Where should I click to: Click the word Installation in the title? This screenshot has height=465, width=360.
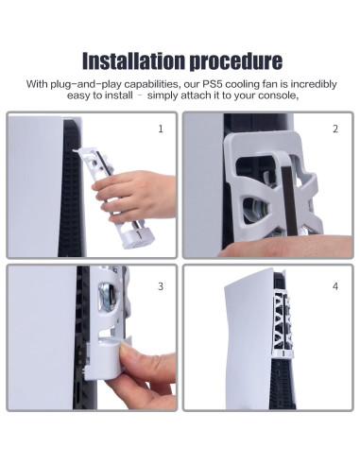click(x=133, y=60)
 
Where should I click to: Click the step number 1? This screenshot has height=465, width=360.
click(x=161, y=129)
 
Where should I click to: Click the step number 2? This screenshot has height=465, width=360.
click(x=335, y=129)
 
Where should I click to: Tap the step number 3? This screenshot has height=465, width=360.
click(x=161, y=286)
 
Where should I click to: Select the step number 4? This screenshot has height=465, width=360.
click(x=335, y=286)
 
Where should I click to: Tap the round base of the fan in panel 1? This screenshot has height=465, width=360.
click(x=138, y=237)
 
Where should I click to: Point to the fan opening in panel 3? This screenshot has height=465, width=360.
click(x=108, y=297)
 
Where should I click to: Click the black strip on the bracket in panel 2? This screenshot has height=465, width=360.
click(x=289, y=200)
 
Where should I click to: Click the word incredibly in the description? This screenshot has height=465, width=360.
click(x=314, y=84)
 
